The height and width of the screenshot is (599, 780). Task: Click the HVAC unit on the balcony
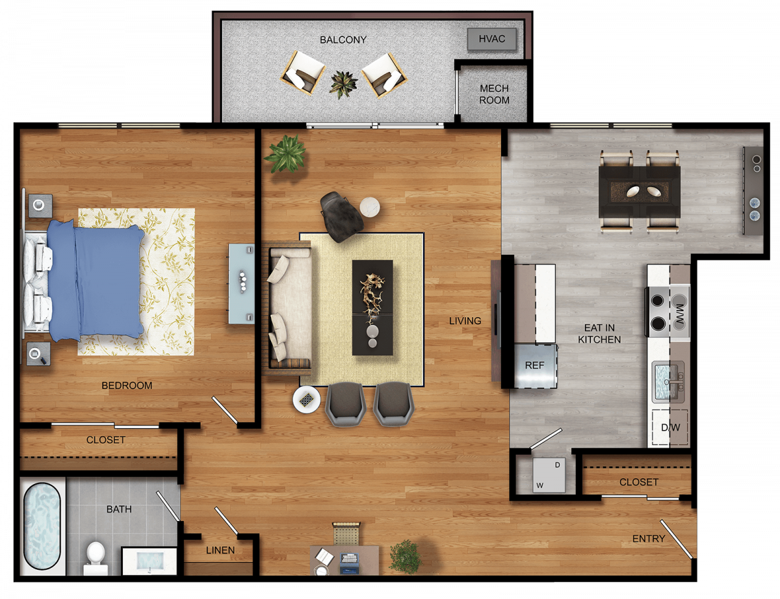(492, 39)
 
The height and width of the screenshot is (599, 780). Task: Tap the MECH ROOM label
(494, 94)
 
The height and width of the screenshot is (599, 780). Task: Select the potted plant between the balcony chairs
(343, 84)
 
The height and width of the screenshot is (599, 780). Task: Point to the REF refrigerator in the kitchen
(536, 366)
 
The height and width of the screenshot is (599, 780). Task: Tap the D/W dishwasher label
(671, 427)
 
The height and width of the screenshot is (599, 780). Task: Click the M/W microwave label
(679, 315)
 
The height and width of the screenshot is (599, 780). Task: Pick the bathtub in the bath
(42, 526)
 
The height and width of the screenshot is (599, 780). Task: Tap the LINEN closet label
(220, 550)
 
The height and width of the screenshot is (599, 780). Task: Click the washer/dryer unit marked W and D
(549, 474)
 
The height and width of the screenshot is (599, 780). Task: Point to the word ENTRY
(649, 539)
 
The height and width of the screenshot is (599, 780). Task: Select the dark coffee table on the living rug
(372, 307)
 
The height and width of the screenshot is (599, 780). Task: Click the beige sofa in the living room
(288, 308)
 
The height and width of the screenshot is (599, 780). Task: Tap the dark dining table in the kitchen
(640, 192)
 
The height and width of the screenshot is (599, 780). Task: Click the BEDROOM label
(127, 386)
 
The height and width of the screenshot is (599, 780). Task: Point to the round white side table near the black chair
(370, 207)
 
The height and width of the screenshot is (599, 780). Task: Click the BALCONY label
(343, 40)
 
